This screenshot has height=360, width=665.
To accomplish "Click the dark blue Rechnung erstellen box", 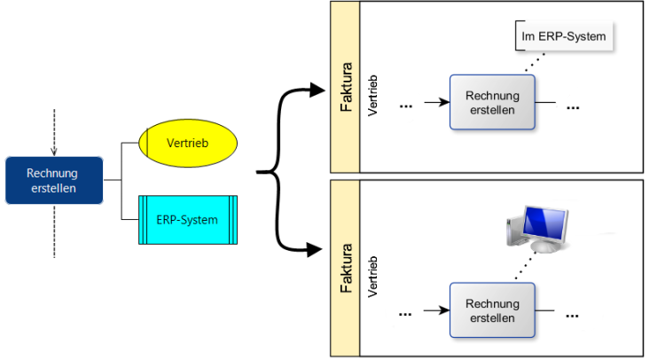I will point(52,180).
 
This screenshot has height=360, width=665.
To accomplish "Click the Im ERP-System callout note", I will point(565,37).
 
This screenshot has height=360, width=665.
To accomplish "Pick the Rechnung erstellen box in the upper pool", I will point(493,103).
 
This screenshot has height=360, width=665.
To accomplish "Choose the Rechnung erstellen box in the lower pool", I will point(493,310).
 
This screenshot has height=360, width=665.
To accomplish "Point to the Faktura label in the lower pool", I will point(346,269).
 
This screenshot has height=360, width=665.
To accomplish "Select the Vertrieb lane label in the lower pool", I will point(372,277).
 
